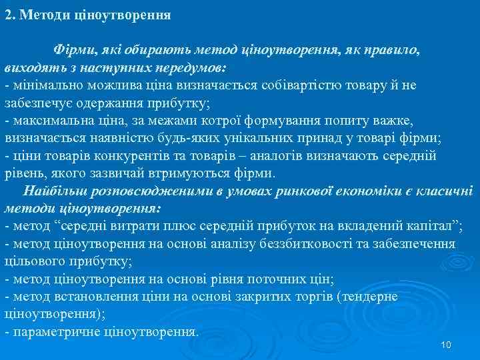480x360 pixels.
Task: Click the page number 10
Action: [x=447, y=345]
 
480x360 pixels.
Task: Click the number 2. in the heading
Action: [x=10, y=15]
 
